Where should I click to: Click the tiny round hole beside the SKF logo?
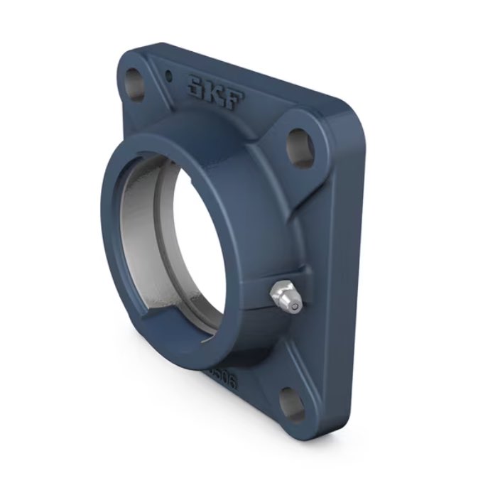168,75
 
